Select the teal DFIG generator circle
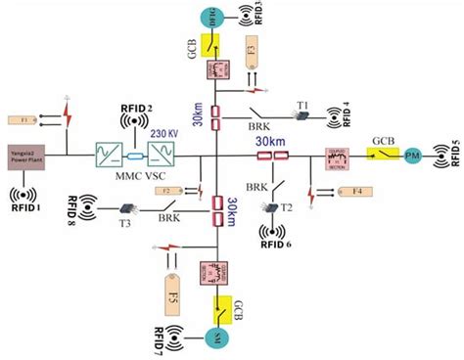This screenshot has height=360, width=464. (209, 17)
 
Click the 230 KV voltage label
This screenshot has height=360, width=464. (163, 134)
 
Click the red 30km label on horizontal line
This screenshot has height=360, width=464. (268, 142)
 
